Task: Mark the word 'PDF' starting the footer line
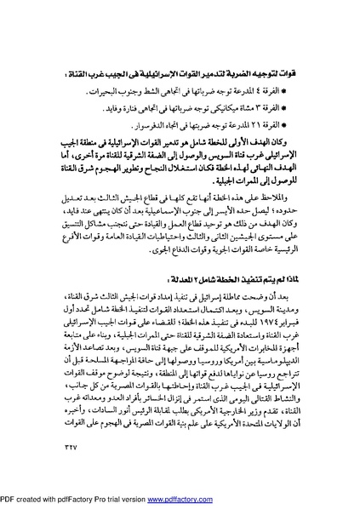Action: [9, 500]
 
